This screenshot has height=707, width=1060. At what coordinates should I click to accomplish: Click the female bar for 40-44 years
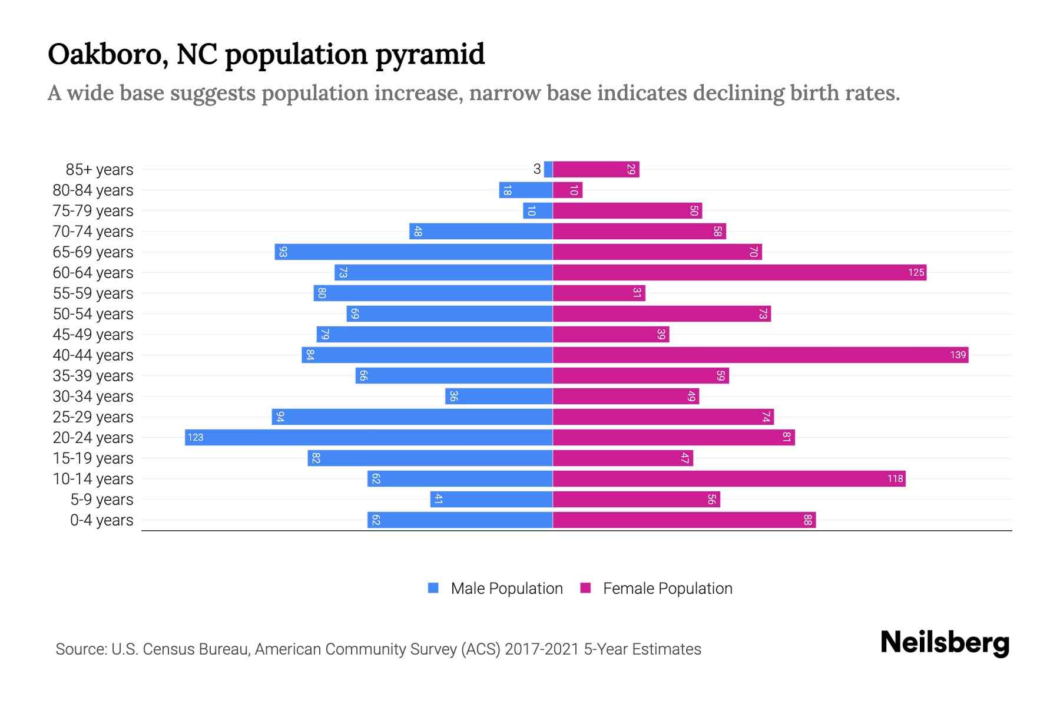click(760, 355)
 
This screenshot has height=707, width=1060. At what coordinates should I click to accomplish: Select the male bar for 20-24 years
click(369, 437)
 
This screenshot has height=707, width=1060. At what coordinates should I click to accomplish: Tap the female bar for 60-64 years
click(739, 272)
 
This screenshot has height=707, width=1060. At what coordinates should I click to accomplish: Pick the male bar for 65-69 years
click(413, 252)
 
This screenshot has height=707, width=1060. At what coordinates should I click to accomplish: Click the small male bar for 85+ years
click(548, 169)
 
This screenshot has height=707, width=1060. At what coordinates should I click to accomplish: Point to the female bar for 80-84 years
click(567, 190)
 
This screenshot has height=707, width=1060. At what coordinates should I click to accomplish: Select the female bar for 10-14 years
click(729, 478)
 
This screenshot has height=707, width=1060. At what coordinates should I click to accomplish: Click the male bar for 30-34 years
click(499, 396)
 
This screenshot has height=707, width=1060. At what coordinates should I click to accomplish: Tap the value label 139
click(958, 355)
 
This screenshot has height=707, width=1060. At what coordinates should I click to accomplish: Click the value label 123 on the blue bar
click(196, 437)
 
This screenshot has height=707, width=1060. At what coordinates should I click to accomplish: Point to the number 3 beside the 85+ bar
click(536, 169)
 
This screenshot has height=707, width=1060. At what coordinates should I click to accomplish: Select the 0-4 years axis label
click(101, 520)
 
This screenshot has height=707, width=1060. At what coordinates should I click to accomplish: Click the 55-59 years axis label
click(93, 293)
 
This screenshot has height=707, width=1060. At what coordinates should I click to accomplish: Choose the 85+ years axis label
click(100, 170)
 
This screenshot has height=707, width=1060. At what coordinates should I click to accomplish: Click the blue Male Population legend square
click(433, 588)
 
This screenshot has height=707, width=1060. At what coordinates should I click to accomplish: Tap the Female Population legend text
click(667, 589)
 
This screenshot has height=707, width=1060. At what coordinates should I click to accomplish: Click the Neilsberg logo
click(945, 643)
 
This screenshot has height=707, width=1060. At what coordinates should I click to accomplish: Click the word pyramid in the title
click(430, 54)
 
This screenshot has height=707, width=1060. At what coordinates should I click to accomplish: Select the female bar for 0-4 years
click(684, 520)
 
